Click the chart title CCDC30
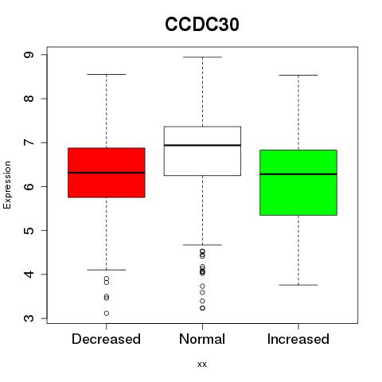(x=202, y=25)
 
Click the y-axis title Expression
(x=7, y=185)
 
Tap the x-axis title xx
(x=202, y=364)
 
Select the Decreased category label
(x=106, y=339)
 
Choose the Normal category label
(x=202, y=339)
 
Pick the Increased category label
(x=298, y=339)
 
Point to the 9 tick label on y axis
(x=29, y=55)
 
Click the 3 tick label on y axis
(x=29, y=318)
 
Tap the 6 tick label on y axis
(x=29, y=186)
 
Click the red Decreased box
(x=107, y=173)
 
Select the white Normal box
(x=202, y=151)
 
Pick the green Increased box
(x=298, y=182)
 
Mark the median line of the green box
(x=298, y=174)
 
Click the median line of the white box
(x=202, y=145)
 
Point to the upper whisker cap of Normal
(x=202, y=57)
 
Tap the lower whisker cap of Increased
(x=298, y=285)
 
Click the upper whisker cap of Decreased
(x=107, y=74)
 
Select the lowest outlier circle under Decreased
(x=107, y=314)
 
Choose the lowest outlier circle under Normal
(x=202, y=308)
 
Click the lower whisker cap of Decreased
(x=107, y=270)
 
